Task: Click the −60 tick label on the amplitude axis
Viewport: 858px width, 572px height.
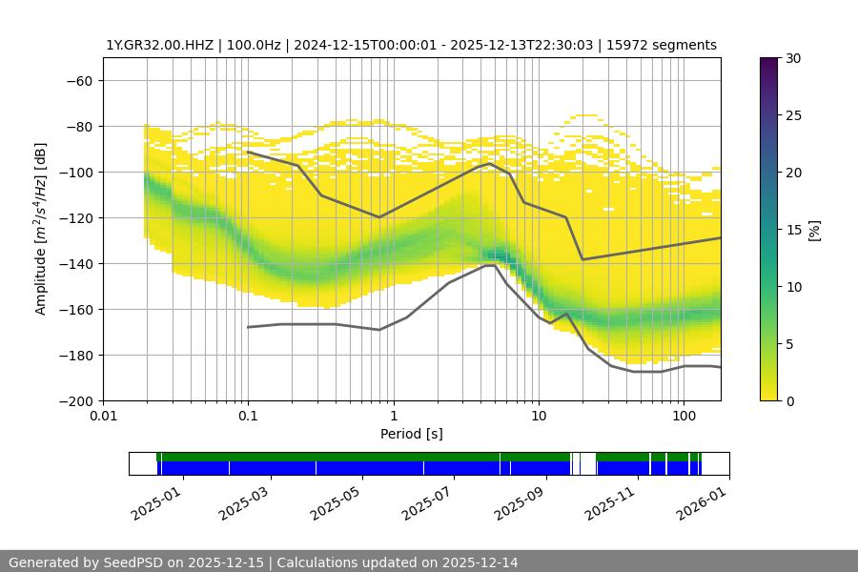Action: point(78,80)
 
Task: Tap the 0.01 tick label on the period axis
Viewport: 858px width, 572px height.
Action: point(103,416)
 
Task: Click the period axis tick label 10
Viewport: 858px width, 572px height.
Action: point(539,416)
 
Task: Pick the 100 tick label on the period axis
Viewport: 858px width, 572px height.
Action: point(684,416)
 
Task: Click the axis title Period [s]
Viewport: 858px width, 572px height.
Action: point(412,434)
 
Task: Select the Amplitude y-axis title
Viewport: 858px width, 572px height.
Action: point(41,229)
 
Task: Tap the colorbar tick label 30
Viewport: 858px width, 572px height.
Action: point(792,58)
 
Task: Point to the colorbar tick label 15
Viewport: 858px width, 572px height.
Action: point(792,230)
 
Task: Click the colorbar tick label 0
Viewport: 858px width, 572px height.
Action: point(788,401)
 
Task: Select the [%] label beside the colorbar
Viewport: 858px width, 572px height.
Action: point(813,230)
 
